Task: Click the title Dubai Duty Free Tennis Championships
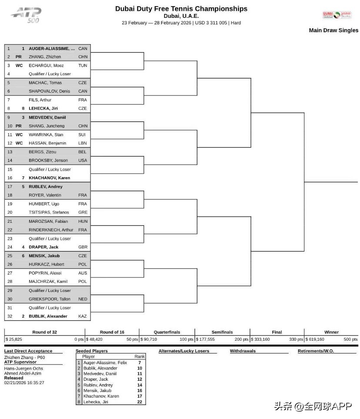[181, 8]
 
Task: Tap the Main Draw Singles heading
[333, 30]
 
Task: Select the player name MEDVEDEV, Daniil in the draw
[47, 117]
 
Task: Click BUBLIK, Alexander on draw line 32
[48, 316]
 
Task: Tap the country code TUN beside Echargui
[83, 65]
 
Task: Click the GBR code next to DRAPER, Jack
[83, 247]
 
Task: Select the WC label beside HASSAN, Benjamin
[19, 143]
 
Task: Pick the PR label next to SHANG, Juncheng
[19, 126]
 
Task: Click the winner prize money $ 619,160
[315, 339]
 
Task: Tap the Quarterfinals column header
[167, 332]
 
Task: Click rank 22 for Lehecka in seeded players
[140, 402]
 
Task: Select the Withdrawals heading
[243, 351]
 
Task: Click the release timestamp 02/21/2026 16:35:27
[24, 383]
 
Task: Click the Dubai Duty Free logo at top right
[337, 15]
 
